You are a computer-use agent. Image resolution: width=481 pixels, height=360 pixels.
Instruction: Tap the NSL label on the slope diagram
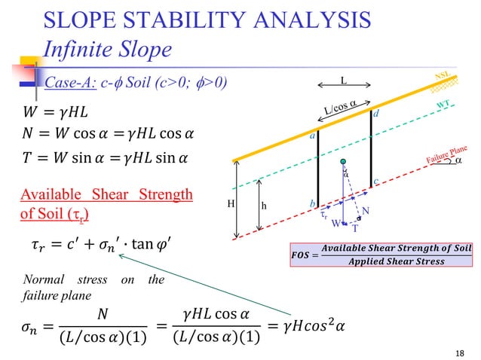pyautogui.click(x=445, y=76)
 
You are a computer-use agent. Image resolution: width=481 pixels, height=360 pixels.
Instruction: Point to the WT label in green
pyautogui.click(x=446, y=105)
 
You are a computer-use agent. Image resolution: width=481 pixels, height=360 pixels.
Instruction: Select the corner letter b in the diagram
pyautogui.click(x=312, y=203)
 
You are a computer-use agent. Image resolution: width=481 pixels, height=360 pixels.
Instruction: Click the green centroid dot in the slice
pyautogui.click(x=343, y=162)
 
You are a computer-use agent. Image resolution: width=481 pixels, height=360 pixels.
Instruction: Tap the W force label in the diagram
pyautogui.click(x=337, y=224)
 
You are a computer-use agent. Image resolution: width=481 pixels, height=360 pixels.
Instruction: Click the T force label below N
pyautogui.click(x=356, y=227)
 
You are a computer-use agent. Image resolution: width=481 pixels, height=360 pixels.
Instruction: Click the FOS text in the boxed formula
pyautogui.click(x=300, y=254)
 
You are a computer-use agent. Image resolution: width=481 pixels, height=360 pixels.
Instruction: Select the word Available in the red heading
pyautogui.click(x=46, y=195)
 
